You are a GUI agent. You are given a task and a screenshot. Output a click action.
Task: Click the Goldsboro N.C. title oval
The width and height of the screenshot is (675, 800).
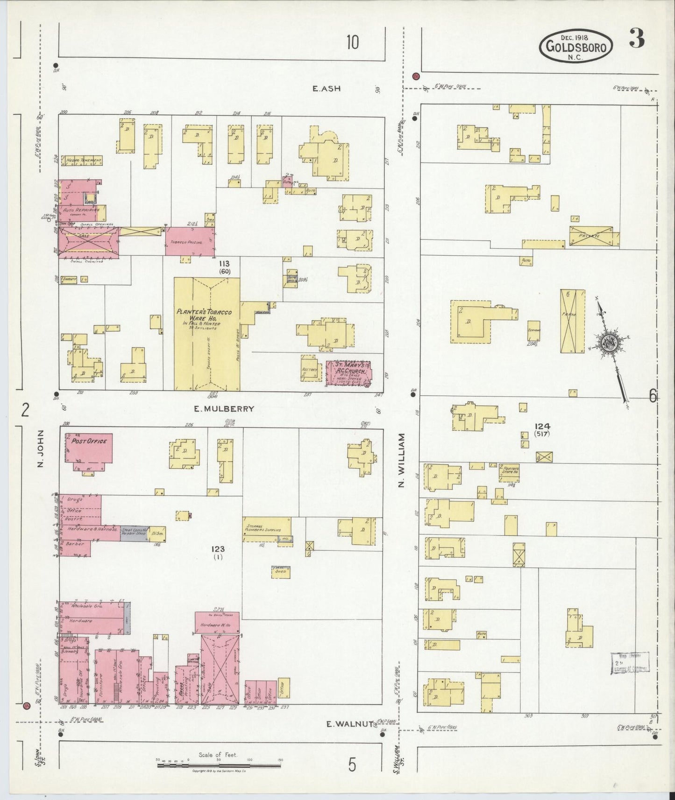[x=576, y=46]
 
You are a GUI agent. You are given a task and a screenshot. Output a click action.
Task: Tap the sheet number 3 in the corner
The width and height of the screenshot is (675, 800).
[x=637, y=39]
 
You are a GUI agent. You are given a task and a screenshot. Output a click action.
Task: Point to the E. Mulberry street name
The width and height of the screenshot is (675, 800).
[x=224, y=409]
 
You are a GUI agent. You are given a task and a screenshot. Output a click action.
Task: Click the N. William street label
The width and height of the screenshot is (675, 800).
[x=401, y=460]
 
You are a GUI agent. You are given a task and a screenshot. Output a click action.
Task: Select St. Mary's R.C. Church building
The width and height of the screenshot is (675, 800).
[x=348, y=373]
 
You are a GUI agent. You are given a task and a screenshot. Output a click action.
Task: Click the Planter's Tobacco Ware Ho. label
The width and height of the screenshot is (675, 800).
[x=204, y=318]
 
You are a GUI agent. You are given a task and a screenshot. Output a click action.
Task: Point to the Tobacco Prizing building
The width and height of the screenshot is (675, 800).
[x=189, y=241]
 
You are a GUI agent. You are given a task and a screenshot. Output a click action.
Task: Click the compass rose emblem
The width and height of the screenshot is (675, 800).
[x=610, y=342]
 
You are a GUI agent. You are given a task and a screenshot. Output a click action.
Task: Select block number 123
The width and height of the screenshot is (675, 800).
[x=218, y=549]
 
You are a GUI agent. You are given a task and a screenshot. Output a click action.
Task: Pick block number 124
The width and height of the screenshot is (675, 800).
[x=543, y=426]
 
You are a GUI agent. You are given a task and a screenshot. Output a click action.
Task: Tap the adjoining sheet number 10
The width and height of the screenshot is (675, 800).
[x=353, y=43]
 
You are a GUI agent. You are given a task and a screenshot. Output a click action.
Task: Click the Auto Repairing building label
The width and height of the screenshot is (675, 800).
[x=82, y=211]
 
